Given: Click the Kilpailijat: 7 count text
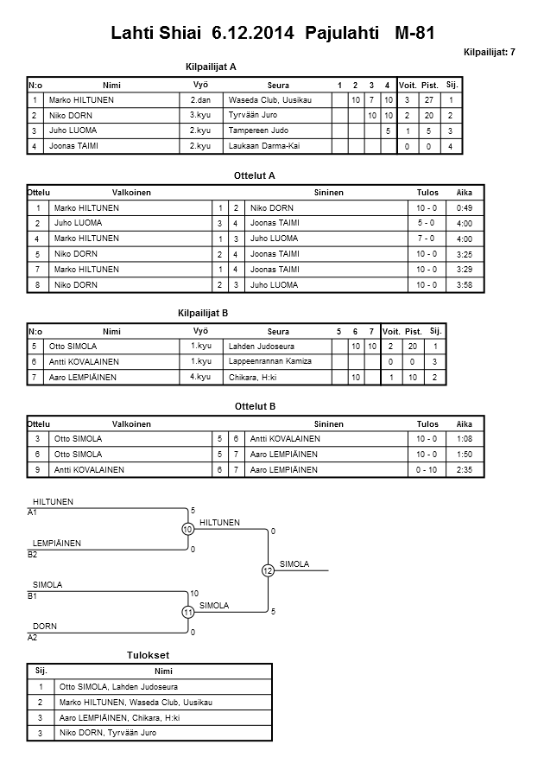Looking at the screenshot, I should (x=489, y=53).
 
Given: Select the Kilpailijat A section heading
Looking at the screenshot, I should (x=211, y=67).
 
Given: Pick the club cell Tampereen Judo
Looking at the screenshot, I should (x=258, y=131).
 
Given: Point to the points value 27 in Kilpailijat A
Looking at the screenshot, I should (x=428, y=100).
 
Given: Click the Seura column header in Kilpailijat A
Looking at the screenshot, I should (x=278, y=86).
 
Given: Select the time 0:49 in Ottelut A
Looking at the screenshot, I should (x=464, y=208).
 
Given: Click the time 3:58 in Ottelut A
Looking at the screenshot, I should (x=464, y=284).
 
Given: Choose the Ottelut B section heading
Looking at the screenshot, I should (x=254, y=405).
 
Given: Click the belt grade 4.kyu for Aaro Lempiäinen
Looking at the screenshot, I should (x=200, y=378).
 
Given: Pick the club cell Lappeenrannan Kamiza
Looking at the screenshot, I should (x=269, y=361).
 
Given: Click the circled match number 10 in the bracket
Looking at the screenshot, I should (x=187, y=529).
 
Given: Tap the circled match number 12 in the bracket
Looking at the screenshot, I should (x=268, y=570).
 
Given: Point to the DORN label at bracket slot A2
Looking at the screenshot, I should (x=45, y=626).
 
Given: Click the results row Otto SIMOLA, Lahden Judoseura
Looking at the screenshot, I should (x=115, y=686).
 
